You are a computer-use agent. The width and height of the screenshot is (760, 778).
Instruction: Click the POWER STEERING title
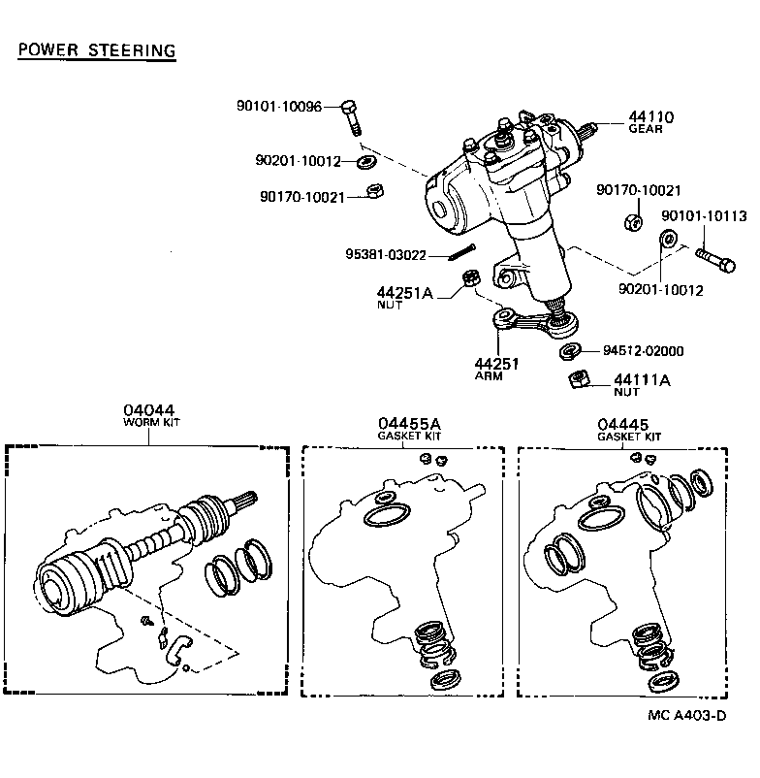[96, 50]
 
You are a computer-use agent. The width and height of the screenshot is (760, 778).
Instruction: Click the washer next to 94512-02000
[571, 350]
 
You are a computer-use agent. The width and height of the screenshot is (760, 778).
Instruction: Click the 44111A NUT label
[641, 385]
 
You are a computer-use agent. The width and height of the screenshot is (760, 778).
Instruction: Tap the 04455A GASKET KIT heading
[409, 429]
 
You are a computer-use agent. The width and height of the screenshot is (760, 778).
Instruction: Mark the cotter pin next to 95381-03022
[461, 256]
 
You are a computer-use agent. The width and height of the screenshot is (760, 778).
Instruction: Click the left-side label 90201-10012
[300, 160]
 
